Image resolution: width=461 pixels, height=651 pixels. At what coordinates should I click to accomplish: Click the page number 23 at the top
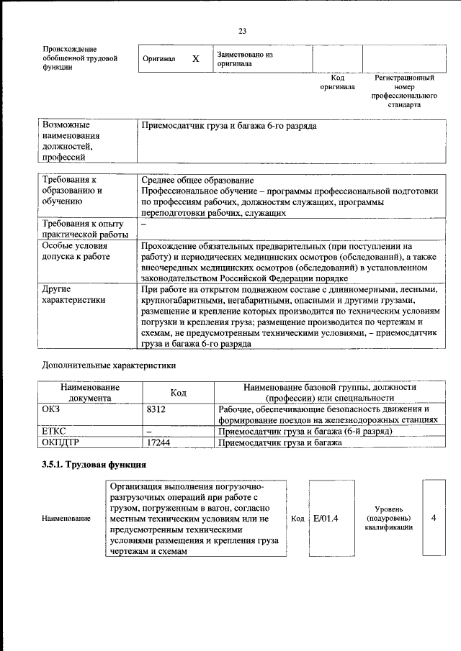point(242,30)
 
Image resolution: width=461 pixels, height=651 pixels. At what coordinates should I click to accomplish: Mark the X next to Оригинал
point(195,59)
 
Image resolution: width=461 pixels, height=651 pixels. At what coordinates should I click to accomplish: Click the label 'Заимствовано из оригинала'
point(245,58)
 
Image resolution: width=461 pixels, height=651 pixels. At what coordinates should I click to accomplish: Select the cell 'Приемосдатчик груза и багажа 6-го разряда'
point(229,126)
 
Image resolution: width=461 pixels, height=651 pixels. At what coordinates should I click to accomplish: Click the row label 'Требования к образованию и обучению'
point(72,191)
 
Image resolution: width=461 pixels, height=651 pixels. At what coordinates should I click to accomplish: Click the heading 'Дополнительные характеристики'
point(109,365)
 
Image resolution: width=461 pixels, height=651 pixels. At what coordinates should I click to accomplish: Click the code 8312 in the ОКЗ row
point(156,409)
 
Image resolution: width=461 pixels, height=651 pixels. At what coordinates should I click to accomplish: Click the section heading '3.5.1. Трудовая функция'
point(89,464)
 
